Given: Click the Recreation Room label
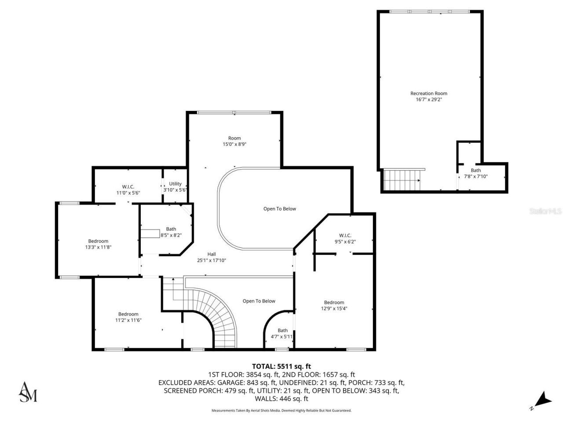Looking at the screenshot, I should (x=428, y=93).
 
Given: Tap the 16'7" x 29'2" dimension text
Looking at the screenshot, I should (x=428, y=100).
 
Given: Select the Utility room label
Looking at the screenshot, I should (x=175, y=184).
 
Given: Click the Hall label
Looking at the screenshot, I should (x=212, y=254).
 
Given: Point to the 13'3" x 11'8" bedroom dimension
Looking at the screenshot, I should (x=98, y=247).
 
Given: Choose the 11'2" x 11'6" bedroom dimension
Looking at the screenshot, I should (x=128, y=320).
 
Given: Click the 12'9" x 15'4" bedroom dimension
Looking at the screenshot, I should (x=334, y=309).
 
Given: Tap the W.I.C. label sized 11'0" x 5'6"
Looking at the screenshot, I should (x=128, y=186).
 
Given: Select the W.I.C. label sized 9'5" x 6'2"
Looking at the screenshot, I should (x=345, y=235).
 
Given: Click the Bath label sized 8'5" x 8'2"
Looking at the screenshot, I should (x=171, y=229).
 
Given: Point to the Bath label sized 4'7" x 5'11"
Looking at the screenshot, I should (x=282, y=331).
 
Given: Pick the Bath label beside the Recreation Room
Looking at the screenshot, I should (x=475, y=170).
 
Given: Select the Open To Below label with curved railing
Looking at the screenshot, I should (x=279, y=209).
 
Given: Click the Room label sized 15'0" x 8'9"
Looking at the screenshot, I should (x=234, y=138).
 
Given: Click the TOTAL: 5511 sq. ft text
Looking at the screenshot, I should (x=281, y=366).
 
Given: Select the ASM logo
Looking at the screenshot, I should (x=27, y=392).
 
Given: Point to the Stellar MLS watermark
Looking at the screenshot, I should (x=545, y=211).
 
